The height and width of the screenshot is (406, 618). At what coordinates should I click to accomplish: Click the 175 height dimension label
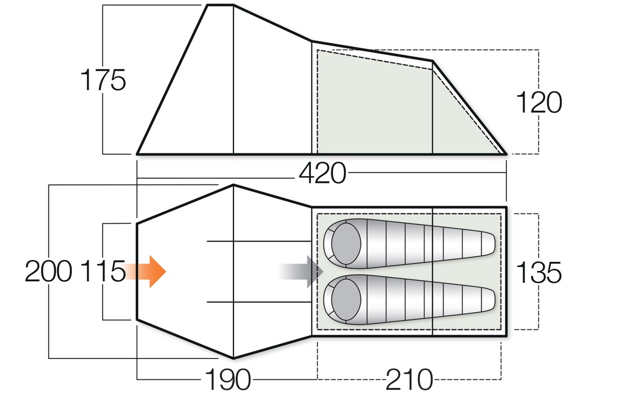pos(103,81)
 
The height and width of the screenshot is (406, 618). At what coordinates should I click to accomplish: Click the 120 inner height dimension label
pos(539,103)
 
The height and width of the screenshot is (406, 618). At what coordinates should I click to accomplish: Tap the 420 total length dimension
pos(322,174)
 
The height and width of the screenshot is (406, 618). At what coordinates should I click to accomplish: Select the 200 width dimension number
pos(49,272)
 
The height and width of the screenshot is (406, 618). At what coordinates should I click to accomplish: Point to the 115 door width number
pos(101,272)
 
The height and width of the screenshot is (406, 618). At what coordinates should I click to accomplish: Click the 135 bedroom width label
pos(539,272)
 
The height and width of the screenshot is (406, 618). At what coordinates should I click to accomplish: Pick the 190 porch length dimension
pos(228,380)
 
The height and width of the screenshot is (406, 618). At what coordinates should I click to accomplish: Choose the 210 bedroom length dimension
pos(410,380)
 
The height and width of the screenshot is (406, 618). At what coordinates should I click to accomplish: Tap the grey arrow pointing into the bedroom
pos(302,271)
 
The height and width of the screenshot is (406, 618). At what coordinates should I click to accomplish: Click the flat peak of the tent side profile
pos(220,5)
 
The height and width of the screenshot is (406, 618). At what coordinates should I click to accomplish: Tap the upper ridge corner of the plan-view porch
pos(234,185)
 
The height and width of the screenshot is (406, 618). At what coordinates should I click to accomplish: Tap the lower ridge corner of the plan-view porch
pos(234,358)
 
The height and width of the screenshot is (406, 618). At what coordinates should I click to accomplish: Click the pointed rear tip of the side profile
pos(505,154)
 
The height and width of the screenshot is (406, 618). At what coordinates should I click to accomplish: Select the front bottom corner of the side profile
pos(138,154)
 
